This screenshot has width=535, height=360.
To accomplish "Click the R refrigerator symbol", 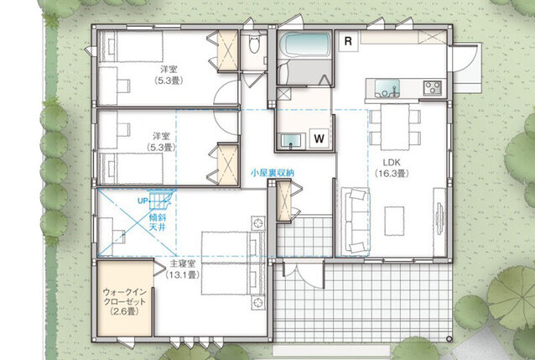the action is [348, 41].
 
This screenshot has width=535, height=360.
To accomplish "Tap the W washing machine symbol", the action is [319, 138].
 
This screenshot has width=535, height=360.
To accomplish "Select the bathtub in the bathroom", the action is [305, 45].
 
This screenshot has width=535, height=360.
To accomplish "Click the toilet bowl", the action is [253, 44].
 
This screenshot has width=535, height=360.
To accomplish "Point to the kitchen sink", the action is [387, 88].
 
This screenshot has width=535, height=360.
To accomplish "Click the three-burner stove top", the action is [433, 88].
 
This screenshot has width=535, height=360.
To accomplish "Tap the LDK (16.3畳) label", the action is [392, 168].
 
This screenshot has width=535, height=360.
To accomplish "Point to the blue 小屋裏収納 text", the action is [273, 173].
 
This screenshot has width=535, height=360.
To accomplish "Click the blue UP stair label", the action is [143, 201].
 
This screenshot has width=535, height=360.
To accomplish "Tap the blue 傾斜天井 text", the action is [157, 222].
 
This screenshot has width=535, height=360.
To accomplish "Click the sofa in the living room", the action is [357, 221].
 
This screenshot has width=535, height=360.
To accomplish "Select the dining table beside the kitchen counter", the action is [395, 127].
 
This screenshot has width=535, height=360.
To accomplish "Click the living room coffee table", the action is [394, 221].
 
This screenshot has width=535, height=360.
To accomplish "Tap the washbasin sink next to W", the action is [291, 141].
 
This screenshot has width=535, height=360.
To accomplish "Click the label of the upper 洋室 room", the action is [169, 75].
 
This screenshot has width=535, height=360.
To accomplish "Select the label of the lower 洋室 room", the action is [161, 142].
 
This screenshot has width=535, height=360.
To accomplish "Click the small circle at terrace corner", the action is [449, 339].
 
